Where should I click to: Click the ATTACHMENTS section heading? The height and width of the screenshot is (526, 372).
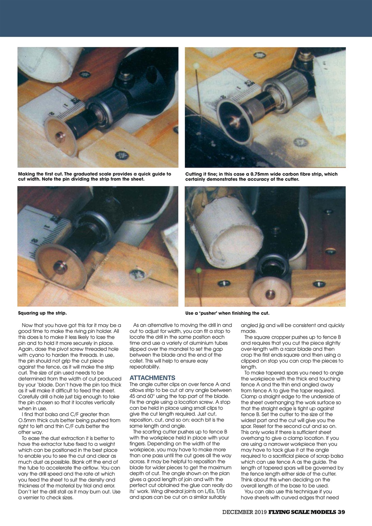[152, 378]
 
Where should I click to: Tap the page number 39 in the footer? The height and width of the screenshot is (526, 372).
[341, 512]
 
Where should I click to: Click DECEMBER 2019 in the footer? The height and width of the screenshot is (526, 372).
[245, 512]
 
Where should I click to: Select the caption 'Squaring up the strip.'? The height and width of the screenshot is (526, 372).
[42, 313]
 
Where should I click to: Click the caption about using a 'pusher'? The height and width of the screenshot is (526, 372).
[227, 313]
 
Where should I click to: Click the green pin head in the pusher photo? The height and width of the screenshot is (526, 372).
[199, 270]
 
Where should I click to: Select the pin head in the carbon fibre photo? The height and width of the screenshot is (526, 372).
[196, 66]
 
